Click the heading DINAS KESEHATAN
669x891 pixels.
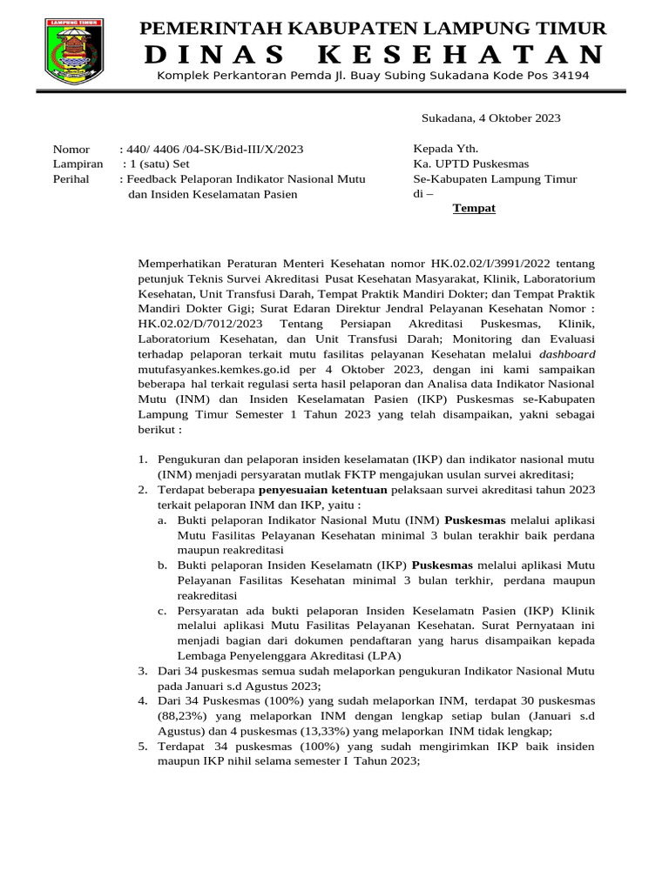pyautogui.click(x=373, y=55)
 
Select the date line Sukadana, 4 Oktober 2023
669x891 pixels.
pyautogui.click(x=490, y=118)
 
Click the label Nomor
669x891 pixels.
pyautogui.click(x=71, y=150)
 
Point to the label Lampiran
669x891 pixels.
pyautogui.click(x=78, y=164)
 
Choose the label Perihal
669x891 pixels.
pyautogui.click(x=73, y=179)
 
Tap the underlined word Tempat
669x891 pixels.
pyautogui.click(x=474, y=209)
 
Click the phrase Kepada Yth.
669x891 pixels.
pyautogui.click(x=446, y=150)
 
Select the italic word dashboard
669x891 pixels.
pyautogui.click(x=568, y=355)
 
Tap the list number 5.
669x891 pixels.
pyautogui.click(x=144, y=747)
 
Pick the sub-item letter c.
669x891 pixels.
pyautogui.click(x=162, y=611)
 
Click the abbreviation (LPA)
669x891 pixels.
pyautogui.click(x=381, y=656)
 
